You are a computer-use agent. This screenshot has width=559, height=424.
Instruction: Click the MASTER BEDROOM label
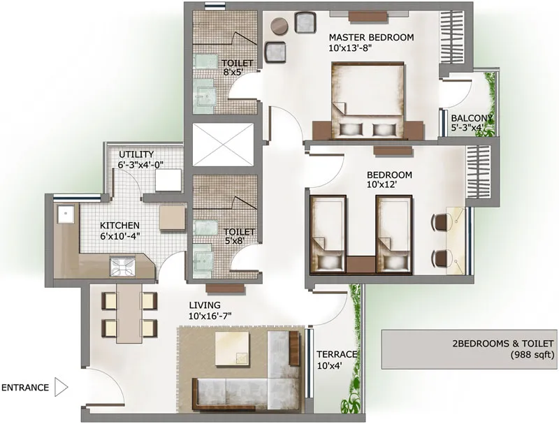(371, 38)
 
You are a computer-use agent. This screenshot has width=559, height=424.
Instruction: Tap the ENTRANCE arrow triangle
(60, 387)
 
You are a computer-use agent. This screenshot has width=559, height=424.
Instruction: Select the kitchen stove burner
(122, 267)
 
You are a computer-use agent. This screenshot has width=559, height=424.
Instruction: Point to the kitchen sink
(66, 214)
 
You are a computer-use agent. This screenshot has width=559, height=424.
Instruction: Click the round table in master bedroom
(279, 26)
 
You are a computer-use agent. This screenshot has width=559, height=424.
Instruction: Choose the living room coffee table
(232, 349)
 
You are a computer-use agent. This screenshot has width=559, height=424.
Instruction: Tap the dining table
(129, 313)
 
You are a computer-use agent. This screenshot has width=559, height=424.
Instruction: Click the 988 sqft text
(533, 355)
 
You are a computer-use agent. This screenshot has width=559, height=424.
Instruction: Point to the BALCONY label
(472, 118)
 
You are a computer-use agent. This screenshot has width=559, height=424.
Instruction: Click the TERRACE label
(337, 355)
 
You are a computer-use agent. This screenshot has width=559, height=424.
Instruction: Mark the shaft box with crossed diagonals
(223, 145)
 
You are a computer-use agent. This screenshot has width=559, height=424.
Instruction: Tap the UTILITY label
(136, 154)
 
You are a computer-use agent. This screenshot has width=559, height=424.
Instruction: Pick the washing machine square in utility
(168, 180)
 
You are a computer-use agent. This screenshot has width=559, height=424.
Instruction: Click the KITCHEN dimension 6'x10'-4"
(119, 235)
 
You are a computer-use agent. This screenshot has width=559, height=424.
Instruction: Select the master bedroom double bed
(368, 101)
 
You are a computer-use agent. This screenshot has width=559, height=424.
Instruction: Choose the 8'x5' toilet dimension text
(233, 73)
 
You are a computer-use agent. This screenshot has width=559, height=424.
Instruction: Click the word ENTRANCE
(25, 388)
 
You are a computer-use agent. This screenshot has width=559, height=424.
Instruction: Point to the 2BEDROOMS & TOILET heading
(503, 344)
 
